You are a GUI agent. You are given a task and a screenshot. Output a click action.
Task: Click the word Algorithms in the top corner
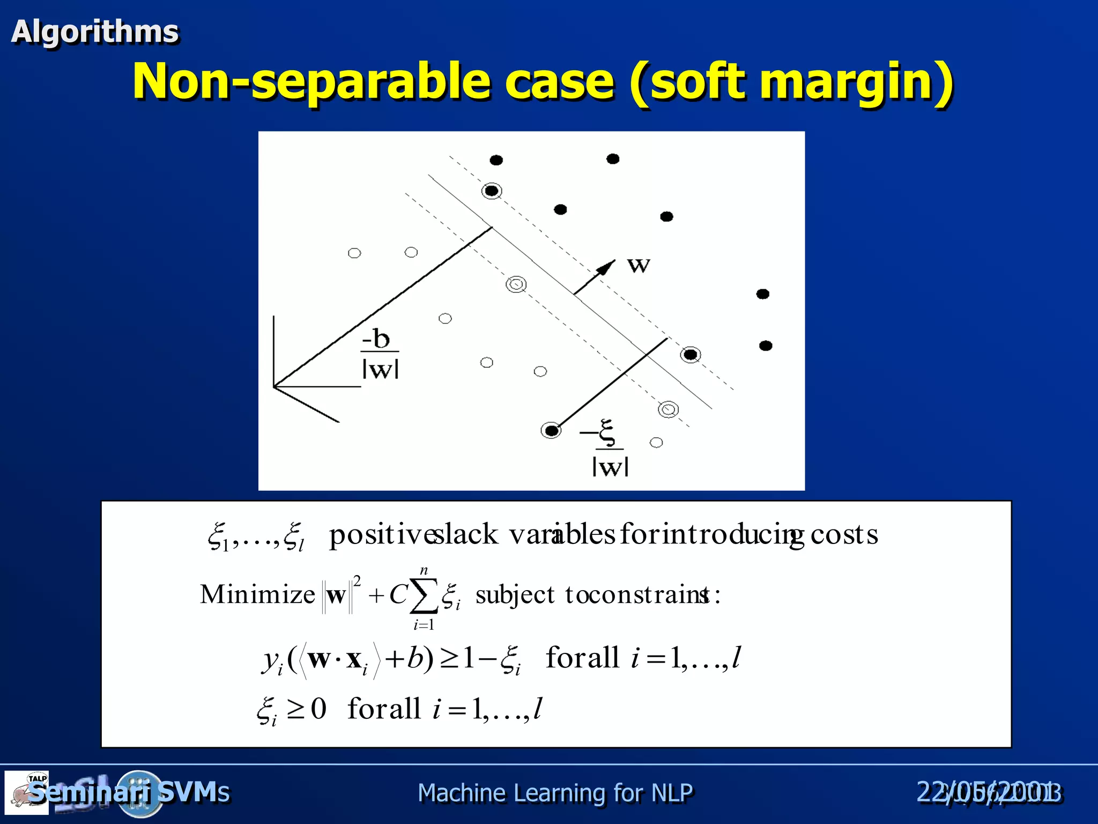(95, 31)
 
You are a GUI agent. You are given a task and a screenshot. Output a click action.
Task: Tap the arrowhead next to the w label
(606, 267)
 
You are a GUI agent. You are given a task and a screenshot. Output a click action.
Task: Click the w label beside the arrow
(639, 264)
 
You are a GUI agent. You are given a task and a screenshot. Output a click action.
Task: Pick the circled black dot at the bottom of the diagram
(551, 430)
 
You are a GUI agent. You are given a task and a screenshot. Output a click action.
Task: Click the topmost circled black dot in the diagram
(491, 190)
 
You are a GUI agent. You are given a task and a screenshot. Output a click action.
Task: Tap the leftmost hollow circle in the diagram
(354, 253)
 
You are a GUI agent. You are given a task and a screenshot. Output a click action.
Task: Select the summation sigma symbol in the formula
(424, 595)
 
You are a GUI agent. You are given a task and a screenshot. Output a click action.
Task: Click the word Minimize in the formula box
(257, 594)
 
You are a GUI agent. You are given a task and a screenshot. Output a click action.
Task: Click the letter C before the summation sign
(398, 594)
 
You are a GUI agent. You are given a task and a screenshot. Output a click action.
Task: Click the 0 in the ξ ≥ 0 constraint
(318, 709)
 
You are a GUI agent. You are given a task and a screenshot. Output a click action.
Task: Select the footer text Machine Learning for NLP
(555, 793)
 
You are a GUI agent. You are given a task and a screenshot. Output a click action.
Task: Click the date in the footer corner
(989, 792)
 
